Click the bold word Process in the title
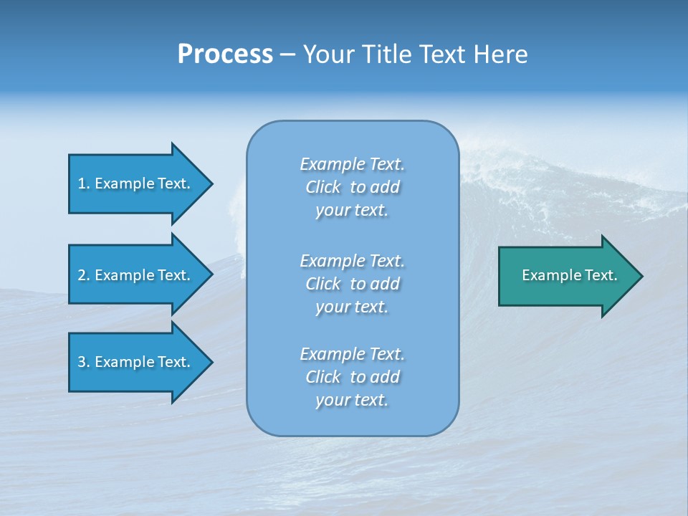pos(225,54)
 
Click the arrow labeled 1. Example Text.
pos(136,183)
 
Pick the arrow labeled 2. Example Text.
pos(136,275)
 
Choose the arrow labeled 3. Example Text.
pos(136,362)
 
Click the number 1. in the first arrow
pos(84,183)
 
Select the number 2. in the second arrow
pos(84,275)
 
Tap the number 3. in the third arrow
pos(84,362)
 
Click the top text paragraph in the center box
pos(352,187)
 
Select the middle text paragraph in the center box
pos(352,284)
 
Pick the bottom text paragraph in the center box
pos(352,377)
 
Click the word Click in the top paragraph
pos(322,187)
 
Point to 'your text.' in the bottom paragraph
pos(352,401)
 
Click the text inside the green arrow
pos(569,275)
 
